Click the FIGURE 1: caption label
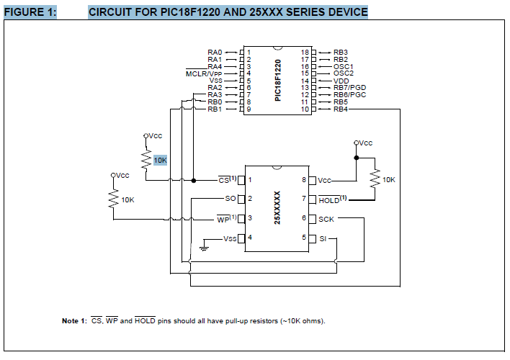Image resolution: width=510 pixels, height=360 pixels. pyautogui.click(x=30, y=12)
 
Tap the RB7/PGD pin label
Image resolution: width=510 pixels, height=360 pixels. pyautogui.click(x=350, y=88)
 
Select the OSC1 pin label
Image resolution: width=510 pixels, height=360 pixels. pyautogui.click(x=344, y=66)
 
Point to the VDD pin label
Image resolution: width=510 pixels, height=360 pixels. pyautogui.click(x=341, y=81)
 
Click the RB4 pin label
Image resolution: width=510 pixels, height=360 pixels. pyautogui.click(x=341, y=109)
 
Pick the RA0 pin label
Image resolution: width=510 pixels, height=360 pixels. pyautogui.click(x=215, y=53)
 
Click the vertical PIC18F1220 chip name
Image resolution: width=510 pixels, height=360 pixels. pyautogui.click(x=277, y=80)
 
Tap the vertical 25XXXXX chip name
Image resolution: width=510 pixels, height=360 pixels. pyautogui.click(x=277, y=208)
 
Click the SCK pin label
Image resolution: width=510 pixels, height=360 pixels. pyautogui.click(x=328, y=218)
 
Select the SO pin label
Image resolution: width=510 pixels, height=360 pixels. pyautogui.click(x=231, y=198)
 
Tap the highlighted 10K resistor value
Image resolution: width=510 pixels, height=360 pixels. pyautogui.click(x=159, y=160)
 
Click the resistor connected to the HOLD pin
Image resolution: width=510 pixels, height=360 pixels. pyautogui.click(x=375, y=179)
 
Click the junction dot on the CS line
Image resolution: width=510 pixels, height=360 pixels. pyautogui.click(x=195, y=179)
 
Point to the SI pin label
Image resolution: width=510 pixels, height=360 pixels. pyautogui.click(x=323, y=238)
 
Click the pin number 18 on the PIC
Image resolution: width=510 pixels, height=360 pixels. pyautogui.click(x=305, y=53)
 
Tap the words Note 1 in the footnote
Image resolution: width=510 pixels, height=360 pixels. pyautogui.click(x=75, y=320)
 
